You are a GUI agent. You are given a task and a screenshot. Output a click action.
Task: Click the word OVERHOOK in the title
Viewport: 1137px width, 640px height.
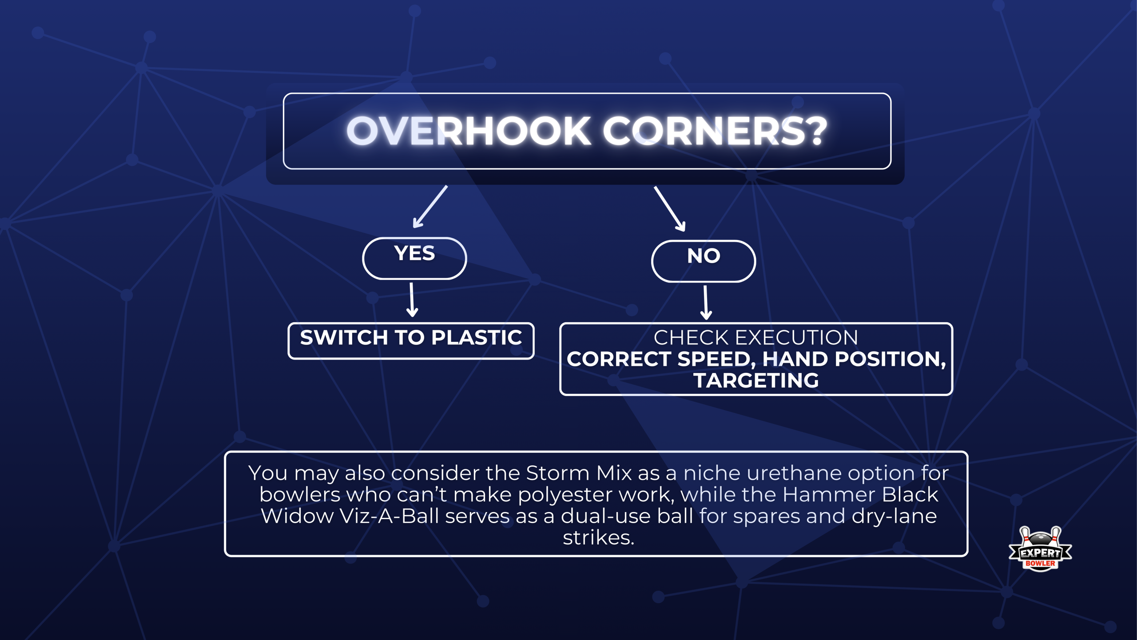coord(469,131)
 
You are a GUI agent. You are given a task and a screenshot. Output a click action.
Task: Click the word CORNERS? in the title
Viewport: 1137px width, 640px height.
coord(715,131)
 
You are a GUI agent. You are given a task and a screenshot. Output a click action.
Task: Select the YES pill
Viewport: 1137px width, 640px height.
coord(414,258)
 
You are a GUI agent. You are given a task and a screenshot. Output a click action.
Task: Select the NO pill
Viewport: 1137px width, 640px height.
coord(703,261)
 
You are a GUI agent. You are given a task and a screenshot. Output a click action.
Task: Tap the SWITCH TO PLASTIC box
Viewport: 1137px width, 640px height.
coord(411,340)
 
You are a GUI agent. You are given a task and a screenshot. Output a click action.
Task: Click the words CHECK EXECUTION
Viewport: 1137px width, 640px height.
coord(755,338)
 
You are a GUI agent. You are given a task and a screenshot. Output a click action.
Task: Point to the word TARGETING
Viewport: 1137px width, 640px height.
coord(756,380)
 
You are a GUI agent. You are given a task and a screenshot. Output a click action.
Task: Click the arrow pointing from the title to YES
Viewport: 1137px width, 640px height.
coord(429,207)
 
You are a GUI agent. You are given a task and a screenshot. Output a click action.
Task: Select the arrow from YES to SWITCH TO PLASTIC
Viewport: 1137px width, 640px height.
coord(412,300)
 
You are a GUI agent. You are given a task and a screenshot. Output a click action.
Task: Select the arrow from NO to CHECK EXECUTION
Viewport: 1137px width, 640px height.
coord(706,303)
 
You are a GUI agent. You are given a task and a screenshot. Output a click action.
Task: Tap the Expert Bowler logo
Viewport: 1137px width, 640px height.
coord(1040,549)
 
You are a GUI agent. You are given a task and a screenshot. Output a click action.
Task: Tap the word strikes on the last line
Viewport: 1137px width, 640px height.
coord(598,538)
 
